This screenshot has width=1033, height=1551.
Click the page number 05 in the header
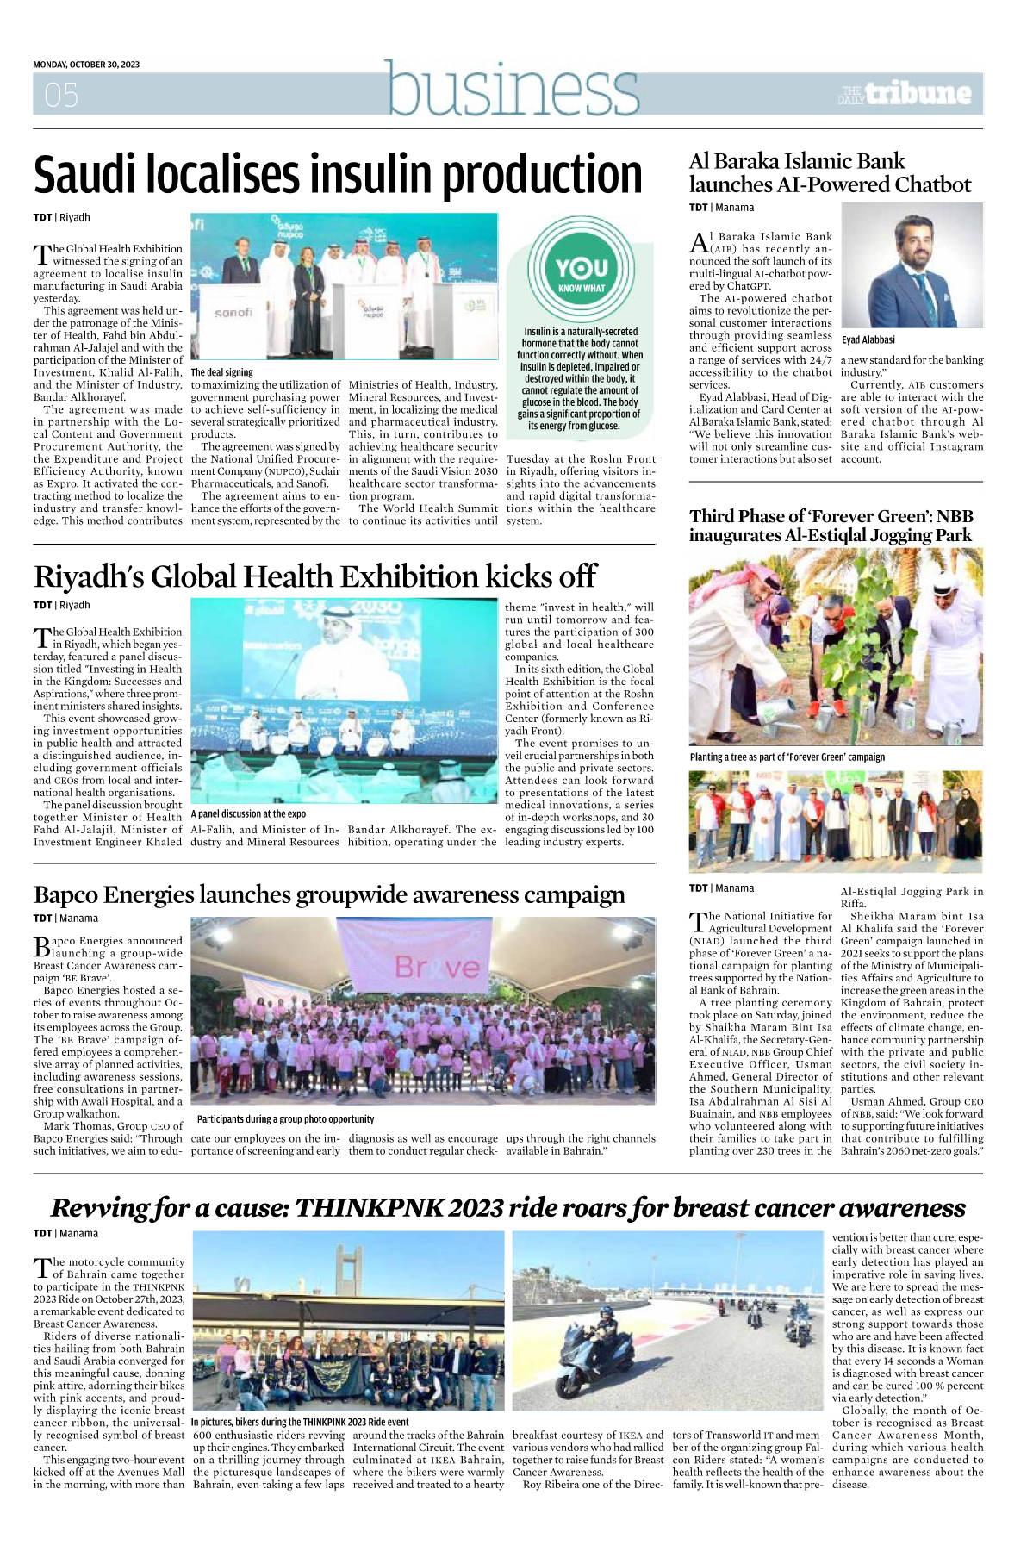[61, 95]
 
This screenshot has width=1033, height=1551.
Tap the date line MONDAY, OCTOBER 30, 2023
[86, 65]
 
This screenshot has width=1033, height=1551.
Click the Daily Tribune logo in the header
[905, 94]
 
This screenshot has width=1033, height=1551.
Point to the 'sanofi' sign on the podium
[233, 313]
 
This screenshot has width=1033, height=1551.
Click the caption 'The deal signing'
[222, 372]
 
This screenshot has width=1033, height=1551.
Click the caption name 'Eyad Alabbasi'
[868, 339]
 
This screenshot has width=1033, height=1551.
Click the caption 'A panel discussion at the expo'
[248, 813]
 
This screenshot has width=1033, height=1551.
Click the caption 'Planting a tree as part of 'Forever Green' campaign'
[787, 757]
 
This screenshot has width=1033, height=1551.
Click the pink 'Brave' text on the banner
[437, 968]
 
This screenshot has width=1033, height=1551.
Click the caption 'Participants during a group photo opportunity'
[285, 1118]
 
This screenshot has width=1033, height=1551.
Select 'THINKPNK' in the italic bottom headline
[368, 1208]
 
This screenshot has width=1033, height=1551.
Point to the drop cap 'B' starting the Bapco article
[41, 946]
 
